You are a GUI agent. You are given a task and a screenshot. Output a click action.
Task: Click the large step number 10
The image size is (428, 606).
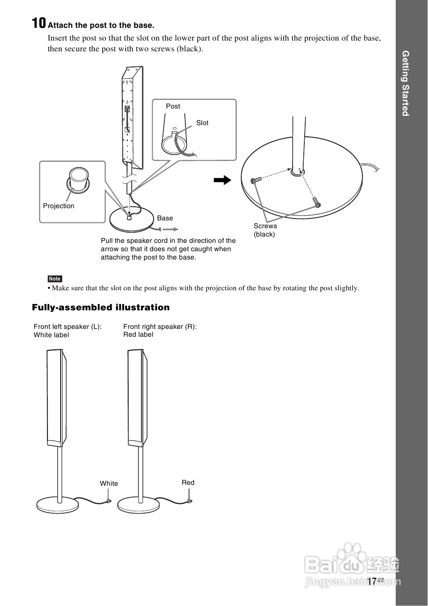point(39,23)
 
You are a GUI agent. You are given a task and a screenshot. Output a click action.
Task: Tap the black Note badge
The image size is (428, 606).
point(54,279)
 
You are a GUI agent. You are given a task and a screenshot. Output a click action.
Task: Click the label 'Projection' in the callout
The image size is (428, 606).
point(59,206)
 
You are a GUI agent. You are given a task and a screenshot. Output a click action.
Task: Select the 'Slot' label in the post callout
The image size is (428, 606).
point(202,123)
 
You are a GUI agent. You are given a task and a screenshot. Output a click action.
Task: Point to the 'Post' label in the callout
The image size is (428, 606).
point(173,106)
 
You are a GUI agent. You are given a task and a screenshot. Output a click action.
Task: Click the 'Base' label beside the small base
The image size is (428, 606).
point(165,218)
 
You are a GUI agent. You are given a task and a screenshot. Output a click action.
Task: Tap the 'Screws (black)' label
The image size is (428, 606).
point(265,230)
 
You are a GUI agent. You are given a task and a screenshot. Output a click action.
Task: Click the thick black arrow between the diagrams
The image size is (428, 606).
point(223,180)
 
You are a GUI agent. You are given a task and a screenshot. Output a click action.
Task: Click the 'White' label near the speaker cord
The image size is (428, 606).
point(109,483)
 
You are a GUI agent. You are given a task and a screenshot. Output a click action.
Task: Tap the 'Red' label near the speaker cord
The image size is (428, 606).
point(188,482)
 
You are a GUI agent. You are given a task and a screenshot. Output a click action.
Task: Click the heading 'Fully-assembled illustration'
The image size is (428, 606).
point(101,307)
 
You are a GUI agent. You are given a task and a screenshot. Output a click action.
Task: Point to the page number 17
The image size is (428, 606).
point(372,581)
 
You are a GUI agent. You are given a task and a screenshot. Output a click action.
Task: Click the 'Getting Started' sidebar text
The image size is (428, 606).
point(405,83)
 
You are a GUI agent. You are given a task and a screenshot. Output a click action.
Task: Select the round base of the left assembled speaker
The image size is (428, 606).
point(57,504)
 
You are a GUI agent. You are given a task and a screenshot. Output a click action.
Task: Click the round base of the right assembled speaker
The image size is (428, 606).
point(138,504)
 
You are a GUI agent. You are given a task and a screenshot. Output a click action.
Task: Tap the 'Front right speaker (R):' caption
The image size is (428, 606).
point(160,326)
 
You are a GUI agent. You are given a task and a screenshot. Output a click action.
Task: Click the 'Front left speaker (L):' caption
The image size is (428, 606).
point(68,326)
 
